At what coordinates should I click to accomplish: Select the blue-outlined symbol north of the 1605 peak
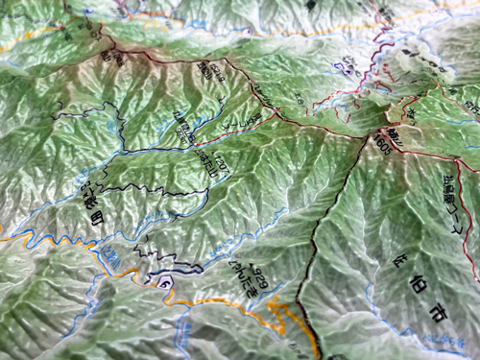click(x=338, y=67)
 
